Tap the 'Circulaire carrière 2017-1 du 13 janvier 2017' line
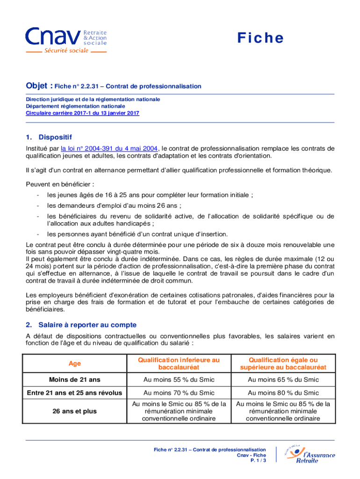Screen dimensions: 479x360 point(82,113)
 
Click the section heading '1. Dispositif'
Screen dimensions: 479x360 point(49,137)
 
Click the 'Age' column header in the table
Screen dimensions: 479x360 point(74,363)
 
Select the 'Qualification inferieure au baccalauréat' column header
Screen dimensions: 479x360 point(178,363)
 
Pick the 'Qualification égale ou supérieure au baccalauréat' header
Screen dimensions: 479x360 point(283,363)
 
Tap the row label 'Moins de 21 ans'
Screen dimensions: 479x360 point(74,379)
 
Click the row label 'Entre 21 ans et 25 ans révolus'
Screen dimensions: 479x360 point(74,392)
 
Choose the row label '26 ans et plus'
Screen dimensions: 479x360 point(74,411)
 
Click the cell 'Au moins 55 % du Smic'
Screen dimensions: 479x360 point(179,379)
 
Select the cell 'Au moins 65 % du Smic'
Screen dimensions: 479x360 point(283,379)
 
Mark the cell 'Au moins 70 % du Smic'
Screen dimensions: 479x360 point(179,392)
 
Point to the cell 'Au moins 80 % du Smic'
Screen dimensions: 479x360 point(283,392)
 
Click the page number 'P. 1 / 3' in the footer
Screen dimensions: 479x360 point(258,461)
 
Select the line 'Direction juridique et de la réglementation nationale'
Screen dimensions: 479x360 point(93,99)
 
